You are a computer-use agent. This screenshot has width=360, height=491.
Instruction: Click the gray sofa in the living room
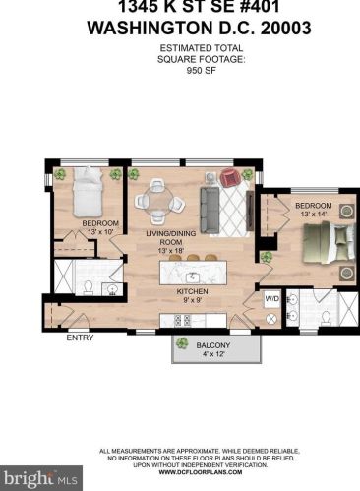[209, 204]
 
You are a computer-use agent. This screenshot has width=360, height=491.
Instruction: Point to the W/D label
[272, 297]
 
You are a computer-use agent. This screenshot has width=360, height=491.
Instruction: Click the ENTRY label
[80, 338]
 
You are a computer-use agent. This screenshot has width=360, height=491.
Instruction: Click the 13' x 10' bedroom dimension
[99, 232]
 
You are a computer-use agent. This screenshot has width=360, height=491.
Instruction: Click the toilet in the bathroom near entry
[88, 286]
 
